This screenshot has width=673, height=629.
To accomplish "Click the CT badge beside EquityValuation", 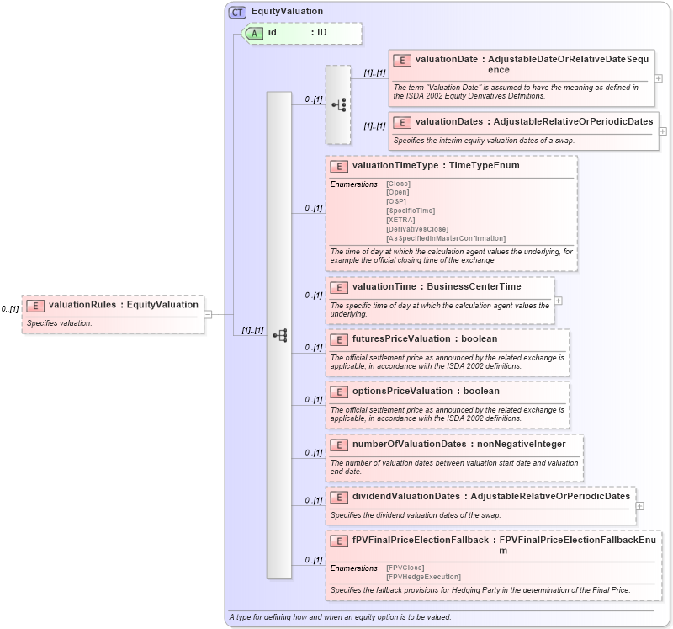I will click(x=237, y=12).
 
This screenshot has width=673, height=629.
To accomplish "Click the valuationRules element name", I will click(x=82, y=304).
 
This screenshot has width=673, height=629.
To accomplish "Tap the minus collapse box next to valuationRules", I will click(x=208, y=315).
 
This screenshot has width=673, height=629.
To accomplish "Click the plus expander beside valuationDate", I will click(x=658, y=78).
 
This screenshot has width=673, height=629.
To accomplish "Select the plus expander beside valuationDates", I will click(x=663, y=131).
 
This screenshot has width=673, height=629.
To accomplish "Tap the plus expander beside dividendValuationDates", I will click(x=639, y=506).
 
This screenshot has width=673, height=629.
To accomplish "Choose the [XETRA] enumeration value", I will click(x=400, y=220).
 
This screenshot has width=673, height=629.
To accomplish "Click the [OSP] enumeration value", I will click(x=395, y=201).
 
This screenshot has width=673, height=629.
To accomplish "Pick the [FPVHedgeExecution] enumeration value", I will click(x=423, y=577).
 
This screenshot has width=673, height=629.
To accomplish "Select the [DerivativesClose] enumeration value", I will click(x=416, y=229).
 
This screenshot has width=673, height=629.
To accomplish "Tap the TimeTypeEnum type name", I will click(x=484, y=166).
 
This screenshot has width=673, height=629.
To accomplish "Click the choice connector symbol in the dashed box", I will click(x=338, y=105).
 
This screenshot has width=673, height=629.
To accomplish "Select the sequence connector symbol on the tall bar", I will click(x=279, y=335).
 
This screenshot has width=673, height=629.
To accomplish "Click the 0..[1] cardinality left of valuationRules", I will click(x=10, y=309).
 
